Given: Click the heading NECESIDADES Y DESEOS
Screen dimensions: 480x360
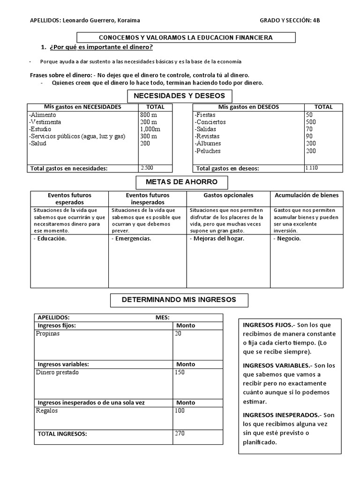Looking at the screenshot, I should pyautogui.click(x=180, y=96).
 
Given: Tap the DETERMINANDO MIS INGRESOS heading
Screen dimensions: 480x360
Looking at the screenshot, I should pyautogui.click(x=179, y=300).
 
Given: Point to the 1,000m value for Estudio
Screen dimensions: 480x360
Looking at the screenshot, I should pyautogui.click(x=150, y=129).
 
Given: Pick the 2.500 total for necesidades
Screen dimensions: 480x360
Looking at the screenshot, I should pyautogui.click(x=147, y=167).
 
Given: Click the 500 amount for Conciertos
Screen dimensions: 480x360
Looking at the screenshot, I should pyautogui.click(x=311, y=122).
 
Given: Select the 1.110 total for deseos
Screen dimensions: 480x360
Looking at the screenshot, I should pyautogui.click(x=311, y=167).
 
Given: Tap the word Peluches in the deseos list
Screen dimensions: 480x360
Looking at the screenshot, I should pyautogui.click(x=208, y=151).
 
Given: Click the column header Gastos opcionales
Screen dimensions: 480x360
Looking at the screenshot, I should pyautogui.click(x=228, y=195).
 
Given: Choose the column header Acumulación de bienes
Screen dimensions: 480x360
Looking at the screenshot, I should pyautogui.click(x=309, y=195).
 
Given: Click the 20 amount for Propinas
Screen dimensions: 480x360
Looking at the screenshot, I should pyautogui.click(x=178, y=334).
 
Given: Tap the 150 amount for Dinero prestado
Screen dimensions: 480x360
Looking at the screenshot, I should pyautogui.click(x=180, y=373).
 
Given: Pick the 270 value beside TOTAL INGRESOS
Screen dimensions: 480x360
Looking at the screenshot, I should pyautogui.click(x=180, y=434).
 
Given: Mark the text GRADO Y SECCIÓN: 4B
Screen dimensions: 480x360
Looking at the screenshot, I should pyautogui.click(x=291, y=21).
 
